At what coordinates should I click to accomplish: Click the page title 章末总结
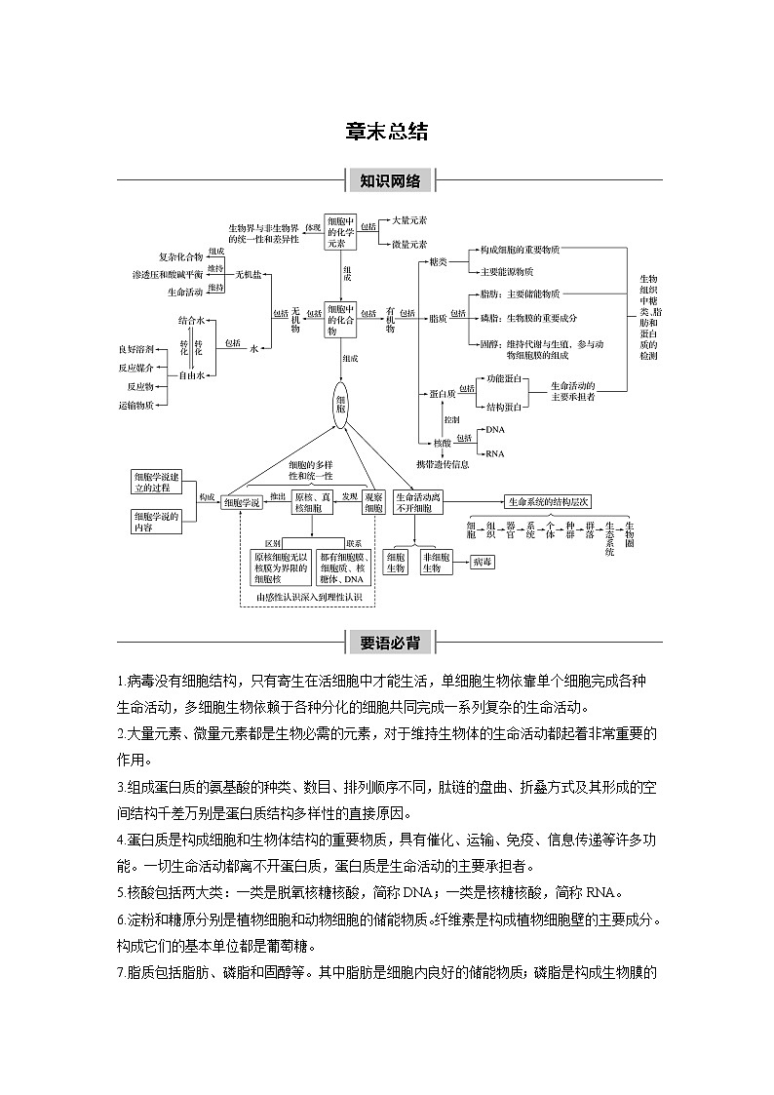(387, 133)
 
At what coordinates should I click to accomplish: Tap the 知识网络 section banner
(389, 180)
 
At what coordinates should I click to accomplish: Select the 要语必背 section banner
(389, 643)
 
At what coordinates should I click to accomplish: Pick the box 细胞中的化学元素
(342, 232)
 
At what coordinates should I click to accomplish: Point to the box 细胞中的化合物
(342, 318)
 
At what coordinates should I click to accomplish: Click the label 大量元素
(407, 221)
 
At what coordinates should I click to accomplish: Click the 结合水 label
(191, 320)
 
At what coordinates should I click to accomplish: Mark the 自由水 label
(191, 375)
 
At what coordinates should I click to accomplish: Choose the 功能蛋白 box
(504, 378)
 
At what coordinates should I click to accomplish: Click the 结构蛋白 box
(504, 406)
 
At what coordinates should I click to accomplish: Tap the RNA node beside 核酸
(495, 453)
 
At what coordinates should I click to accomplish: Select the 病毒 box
(483, 563)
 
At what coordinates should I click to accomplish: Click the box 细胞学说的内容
(156, 521)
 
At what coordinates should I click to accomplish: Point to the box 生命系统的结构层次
(549, 501)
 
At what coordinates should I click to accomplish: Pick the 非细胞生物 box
(436, 563)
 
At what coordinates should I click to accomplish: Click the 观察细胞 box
(373, 502)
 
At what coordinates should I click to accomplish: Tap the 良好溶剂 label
(135, 348)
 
